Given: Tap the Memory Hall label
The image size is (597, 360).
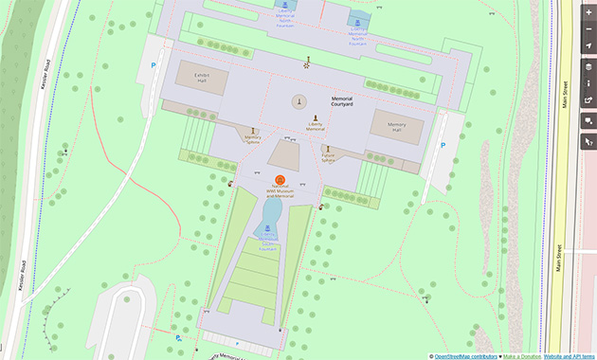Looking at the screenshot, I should point(395,126).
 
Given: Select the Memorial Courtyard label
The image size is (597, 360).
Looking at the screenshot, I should point(341,101).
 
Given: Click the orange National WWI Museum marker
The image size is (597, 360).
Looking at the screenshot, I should point(280,180).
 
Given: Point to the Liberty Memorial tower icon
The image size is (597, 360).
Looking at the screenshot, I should point(298,101).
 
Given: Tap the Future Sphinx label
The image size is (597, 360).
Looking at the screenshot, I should point(328,158).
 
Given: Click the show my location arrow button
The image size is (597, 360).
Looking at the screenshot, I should point(588,45).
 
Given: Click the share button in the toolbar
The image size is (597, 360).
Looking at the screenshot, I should point(588,100).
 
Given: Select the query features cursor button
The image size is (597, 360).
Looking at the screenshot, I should point(588,142).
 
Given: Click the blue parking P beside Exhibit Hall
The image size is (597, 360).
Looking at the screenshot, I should point(154,65).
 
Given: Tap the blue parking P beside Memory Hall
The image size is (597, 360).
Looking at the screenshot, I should point(442,145).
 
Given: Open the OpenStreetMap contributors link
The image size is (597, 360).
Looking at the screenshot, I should point(464,355).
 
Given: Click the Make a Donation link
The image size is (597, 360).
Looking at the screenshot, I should point(522,355).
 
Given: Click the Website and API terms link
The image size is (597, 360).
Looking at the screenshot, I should point(570,355).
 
